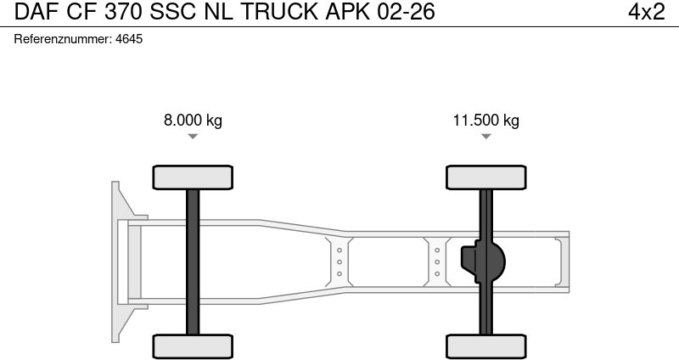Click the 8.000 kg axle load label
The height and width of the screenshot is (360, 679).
pos(193,121)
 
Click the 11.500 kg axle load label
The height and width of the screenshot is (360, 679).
pos(485,121)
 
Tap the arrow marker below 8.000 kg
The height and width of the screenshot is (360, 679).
pos(193,137)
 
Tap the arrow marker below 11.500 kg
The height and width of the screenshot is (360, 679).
pos(485,137)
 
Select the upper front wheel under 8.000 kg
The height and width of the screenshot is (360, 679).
pos(193,177)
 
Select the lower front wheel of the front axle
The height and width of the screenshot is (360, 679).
pos(193,346)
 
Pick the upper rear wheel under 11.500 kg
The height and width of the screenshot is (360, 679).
pos(485,177)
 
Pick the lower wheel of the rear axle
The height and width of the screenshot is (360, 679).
pos(485,346)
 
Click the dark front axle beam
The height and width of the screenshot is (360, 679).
pos(193,262)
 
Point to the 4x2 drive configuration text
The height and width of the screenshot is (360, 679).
pos(646,12)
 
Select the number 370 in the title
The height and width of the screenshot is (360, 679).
pos(123,12)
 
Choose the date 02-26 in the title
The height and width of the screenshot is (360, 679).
pos(406,12)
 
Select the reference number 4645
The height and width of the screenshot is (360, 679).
pos(129,39)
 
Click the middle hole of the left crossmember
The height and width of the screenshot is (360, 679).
pos(339,262)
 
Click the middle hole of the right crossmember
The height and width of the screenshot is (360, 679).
pos(437,262)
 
